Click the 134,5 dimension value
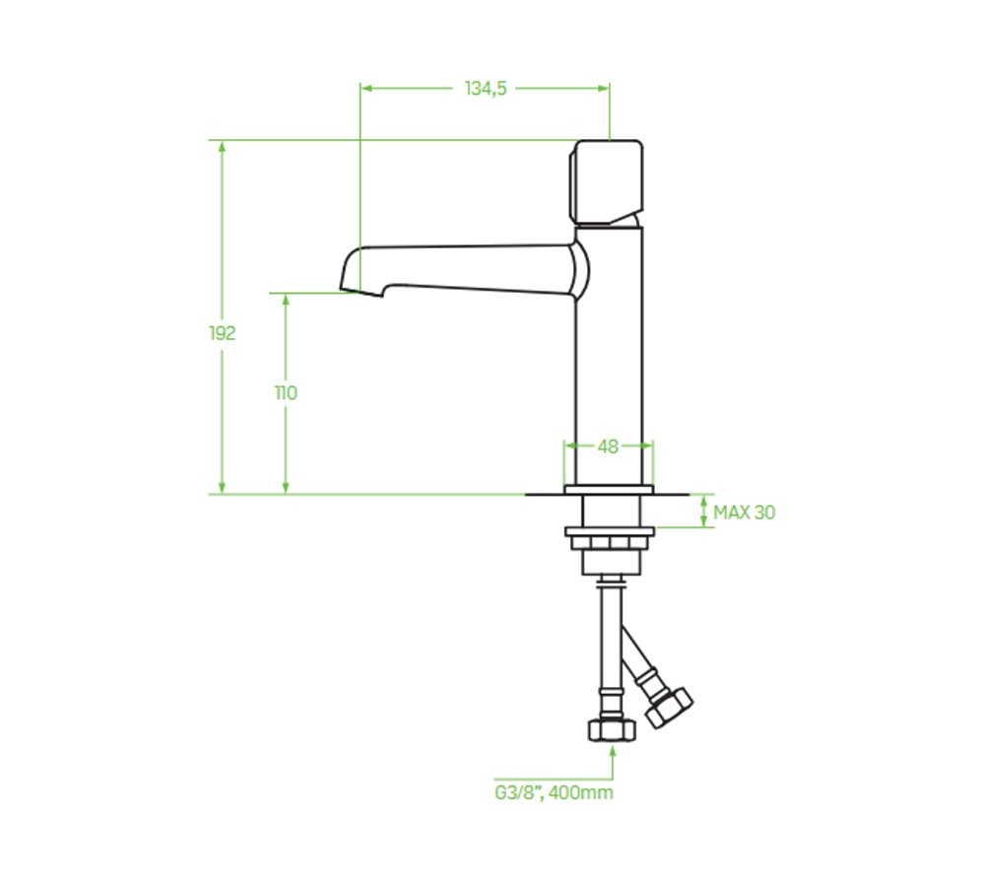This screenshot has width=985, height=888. pyautogui.click(x=486, y=89)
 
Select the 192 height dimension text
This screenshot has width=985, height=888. pyautogui.click(x=223, y=333)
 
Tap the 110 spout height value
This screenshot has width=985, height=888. pyautogui.click(x=286, y=393)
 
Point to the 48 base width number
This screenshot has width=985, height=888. pyautogui.click(x=608, y=446)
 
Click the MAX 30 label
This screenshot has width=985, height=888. pyautogui.click(x=745, y=512)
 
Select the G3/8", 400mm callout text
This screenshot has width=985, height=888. pyautogui.click(x=554, y=793)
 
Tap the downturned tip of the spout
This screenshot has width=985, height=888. pyautogui.click(x=362, y=291)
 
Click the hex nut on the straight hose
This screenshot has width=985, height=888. pyautogui.click(x=613, y=730)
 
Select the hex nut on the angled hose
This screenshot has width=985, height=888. pyautogui.click(x=670, y=709)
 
